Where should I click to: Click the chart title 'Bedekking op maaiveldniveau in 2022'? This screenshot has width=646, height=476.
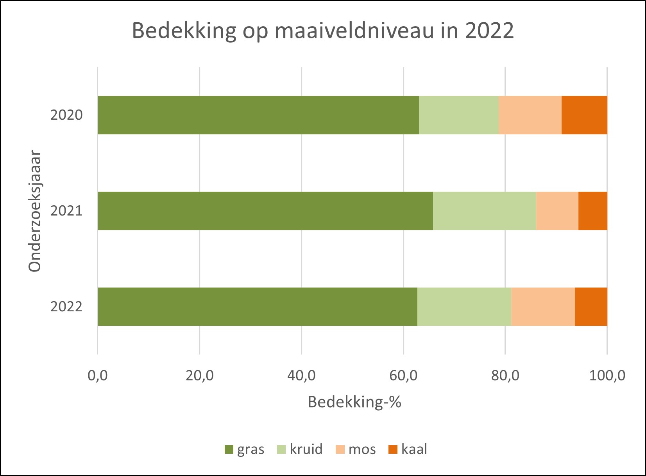(323, 31)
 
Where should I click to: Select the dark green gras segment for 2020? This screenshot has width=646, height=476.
(258, 115)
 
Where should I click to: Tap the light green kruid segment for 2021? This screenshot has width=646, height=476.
(484, 211)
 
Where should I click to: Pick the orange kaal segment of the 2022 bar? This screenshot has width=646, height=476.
(591, 307)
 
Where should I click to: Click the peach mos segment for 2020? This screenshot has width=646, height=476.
(530, 115)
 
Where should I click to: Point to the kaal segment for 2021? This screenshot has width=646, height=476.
(592, 211)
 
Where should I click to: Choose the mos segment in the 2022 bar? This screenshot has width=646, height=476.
(543, 307)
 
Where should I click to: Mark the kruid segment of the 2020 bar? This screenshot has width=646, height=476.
(459, 115)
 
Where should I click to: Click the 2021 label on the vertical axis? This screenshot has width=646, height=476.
(66, 211)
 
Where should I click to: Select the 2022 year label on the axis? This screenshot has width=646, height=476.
(66, 307)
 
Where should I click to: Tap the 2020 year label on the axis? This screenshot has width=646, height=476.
(66, 115)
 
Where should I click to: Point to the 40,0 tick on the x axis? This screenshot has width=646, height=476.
(301, 375)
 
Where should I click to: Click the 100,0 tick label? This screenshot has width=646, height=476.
(607, 375)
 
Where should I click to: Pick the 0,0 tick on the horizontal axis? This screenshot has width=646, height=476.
(98, 375)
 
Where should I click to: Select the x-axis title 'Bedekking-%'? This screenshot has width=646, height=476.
(354, 402)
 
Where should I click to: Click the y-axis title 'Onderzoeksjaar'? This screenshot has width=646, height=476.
(35, 211)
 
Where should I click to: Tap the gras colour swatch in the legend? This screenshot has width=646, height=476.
(229, 449)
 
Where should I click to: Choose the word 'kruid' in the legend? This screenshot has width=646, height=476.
(306, 449)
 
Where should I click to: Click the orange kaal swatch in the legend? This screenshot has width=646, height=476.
(393, 449)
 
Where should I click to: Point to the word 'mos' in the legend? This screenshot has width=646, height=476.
(362, 449)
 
